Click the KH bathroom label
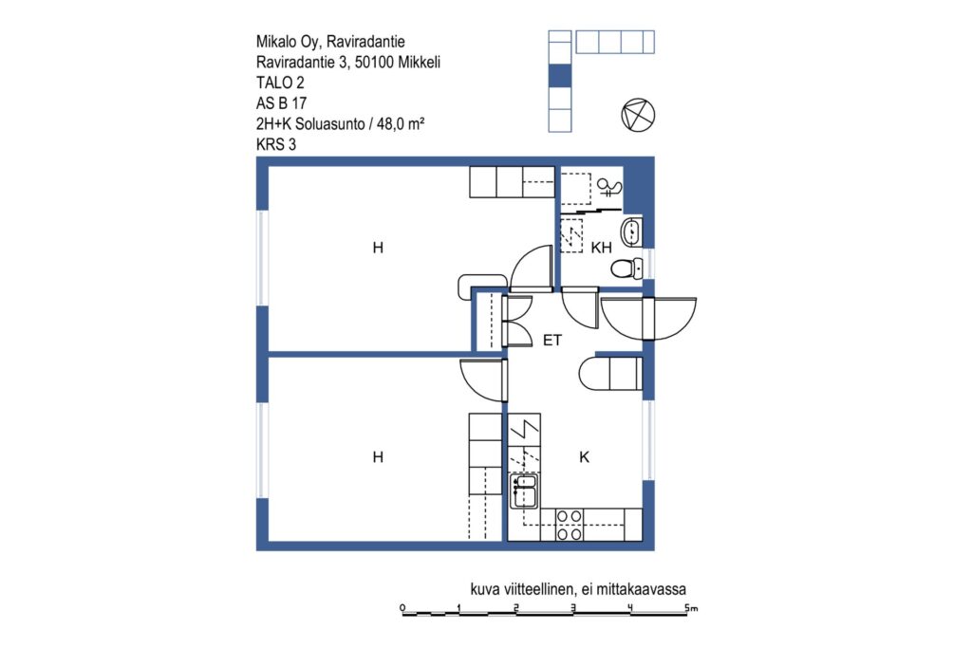pos(601,248)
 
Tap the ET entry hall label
pos(552,340)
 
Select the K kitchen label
pos(584,457)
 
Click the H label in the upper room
pos(378,248)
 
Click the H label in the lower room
pos(378,457)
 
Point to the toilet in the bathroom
pos(626,269)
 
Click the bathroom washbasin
pos(631,233)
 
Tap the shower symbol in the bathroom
pos(607,187)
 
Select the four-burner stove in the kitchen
pos(570,524)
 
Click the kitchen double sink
pos(524,491)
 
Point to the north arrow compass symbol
pos(638,115)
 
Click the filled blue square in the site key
pos(560,76)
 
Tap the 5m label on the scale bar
pos(691,608)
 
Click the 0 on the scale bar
pos(402,607)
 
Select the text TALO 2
pos(280,83)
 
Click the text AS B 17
pos(281,102)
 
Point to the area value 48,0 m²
pos(401,123)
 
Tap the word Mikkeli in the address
pos(420,62)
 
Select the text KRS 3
pos(276,144)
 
